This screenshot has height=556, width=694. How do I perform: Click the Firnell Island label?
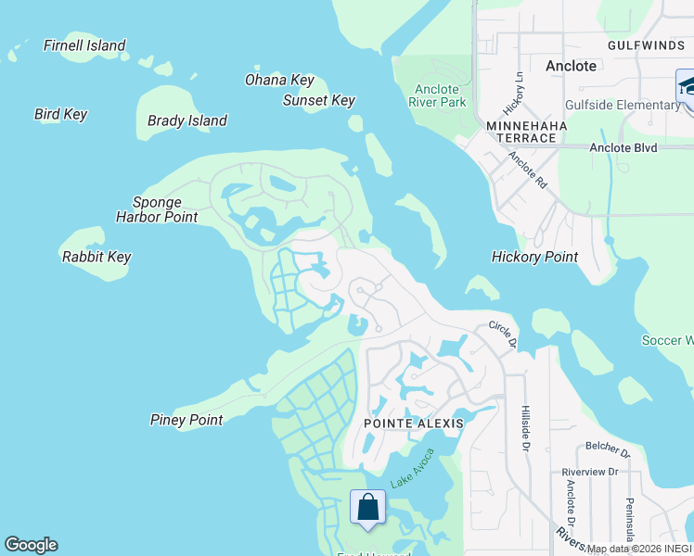pos(84,45)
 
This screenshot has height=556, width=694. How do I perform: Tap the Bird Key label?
pos(60,114)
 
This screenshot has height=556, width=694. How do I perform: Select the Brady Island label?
pos(187,120)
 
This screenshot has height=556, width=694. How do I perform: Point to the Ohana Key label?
pos(279,80)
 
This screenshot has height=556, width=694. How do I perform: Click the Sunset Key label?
pos(319,100)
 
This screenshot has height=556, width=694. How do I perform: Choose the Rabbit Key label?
pos(96,257)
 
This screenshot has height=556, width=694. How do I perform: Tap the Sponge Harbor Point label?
pos(157,209)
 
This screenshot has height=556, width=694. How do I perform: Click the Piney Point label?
pos(186,420)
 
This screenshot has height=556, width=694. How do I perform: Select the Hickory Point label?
pos(534,257)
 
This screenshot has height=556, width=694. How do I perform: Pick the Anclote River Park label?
pos(438,95)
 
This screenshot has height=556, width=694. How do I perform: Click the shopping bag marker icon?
pos(368,508)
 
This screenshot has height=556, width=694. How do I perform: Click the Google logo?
pos(31,545)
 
